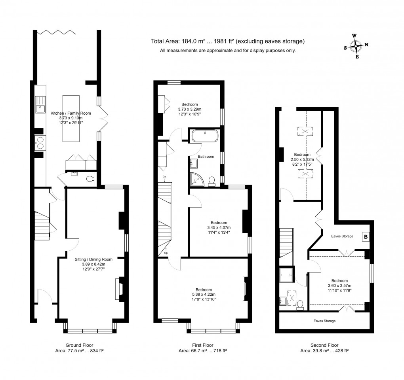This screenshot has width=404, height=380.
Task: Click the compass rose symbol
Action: (x=356, y=46)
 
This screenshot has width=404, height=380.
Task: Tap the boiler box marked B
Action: (x=365, y=237)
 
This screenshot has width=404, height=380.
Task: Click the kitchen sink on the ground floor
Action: (x=40, y=105)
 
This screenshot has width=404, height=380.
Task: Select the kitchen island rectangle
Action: (x=71, y=119)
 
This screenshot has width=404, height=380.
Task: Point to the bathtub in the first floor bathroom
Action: (x=204, y=136)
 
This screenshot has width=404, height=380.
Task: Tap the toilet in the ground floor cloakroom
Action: (x=90, y=179)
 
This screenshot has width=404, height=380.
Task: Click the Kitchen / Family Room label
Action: (x=71, y=113)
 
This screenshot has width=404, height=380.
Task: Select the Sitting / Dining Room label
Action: (x=93, y=259)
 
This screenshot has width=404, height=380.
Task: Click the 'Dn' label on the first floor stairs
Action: (x=164, y=176)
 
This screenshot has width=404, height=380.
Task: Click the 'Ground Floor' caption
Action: (x=80, y=345)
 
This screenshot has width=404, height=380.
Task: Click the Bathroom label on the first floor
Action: (x=206, y=157)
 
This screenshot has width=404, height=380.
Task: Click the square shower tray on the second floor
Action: (x=286, y=274)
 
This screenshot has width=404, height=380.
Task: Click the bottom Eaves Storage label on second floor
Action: (x=324, y=321)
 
